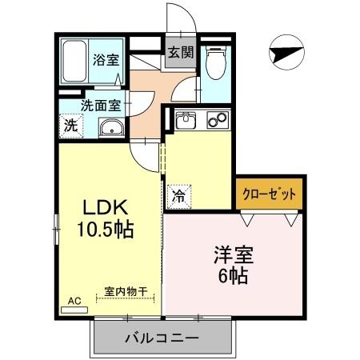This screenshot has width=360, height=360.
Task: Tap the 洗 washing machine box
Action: pyautogui.click(x=70, y=126)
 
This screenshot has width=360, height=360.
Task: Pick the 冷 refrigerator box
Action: pyautogui.click(x=177, y=194)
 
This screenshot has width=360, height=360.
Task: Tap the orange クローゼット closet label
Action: pyautogui.click(x=270, y=194)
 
